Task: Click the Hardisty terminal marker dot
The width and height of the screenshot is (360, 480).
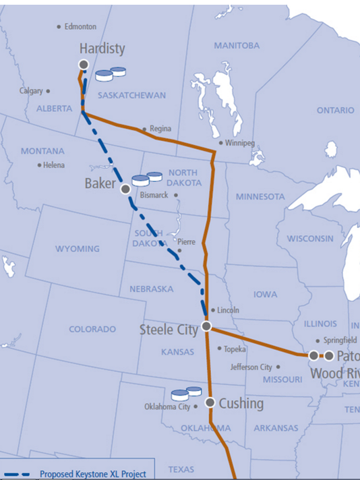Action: [84, 64]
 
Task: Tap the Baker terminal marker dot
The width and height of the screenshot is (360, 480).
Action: [125, 189]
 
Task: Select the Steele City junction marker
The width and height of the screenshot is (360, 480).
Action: [207, 326]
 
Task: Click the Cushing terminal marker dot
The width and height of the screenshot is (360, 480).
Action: [210, 402]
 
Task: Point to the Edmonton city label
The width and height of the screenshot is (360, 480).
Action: [80, 27]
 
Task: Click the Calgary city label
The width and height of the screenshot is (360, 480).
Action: [31, 90]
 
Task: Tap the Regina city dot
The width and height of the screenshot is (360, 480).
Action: [144, 129]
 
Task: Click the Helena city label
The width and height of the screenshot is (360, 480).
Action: [54, 165]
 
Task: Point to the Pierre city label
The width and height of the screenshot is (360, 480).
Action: [186, 241]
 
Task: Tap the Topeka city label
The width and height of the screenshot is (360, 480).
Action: [235, 349]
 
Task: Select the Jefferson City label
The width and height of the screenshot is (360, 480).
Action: [251, 367]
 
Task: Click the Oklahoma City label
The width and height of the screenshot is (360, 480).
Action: [167, 407]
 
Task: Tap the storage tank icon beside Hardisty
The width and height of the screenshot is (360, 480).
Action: [111, 73]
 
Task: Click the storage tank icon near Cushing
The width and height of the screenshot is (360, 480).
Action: [187, 393]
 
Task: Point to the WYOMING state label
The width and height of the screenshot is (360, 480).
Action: [78, 249]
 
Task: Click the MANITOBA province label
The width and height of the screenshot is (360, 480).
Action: [236, 45]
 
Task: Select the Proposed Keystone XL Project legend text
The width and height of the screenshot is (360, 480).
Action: [92, 474]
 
